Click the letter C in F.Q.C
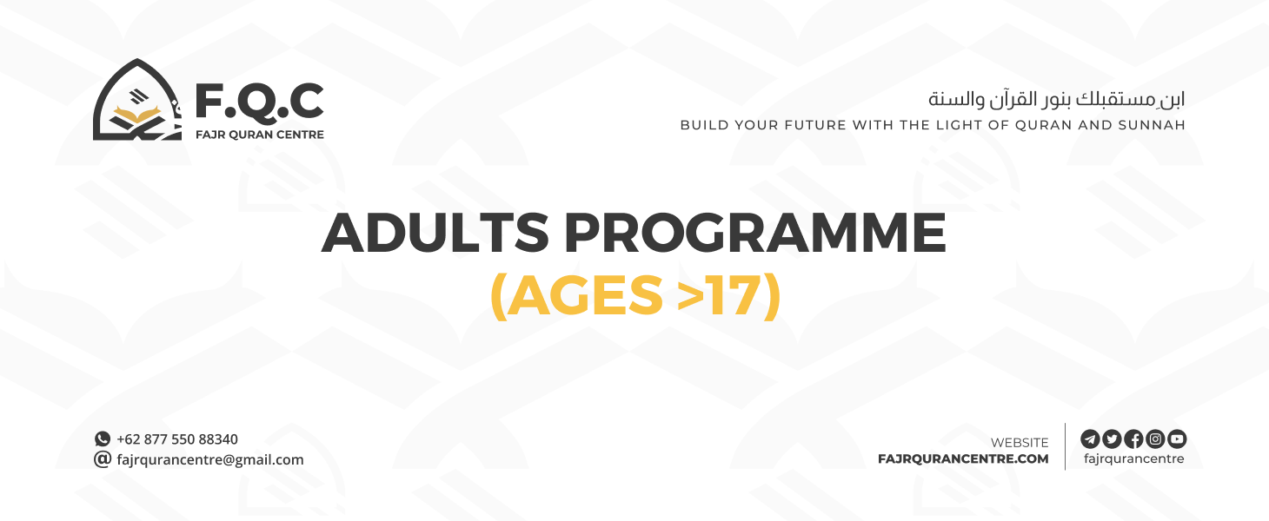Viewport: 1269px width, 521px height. [x=303, y=102]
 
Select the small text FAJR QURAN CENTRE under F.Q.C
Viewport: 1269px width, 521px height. [x=259, y=135]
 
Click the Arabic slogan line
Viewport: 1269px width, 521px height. [x=1056, y=98]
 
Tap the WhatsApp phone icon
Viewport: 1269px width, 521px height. [x=103, y=439]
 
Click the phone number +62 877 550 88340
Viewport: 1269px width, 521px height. [x=177, y=439]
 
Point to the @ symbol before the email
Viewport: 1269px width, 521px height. [x=103, y=459]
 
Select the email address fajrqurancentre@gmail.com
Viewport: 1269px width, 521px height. [x=210, y=460]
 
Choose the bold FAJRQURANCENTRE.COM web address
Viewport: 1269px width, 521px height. [x=963, y=459]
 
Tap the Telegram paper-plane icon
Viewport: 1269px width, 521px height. [x=1089, y=439]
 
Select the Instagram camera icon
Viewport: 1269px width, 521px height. [x=1155, y=439]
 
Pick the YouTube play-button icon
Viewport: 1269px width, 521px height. [x=1177, y=439]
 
